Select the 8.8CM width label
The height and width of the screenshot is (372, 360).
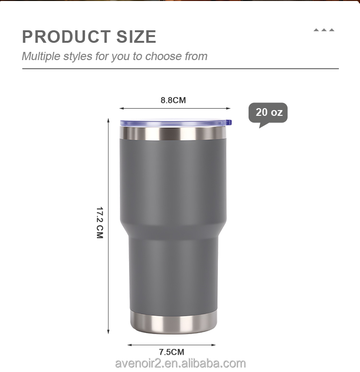point(173,100)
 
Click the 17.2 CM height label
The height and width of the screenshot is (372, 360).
point(100,223)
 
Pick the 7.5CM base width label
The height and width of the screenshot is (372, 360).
point(171,352)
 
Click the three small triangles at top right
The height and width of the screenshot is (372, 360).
point(324,30)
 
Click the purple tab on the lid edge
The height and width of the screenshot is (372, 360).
point(229,123)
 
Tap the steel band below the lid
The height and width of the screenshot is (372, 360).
point(173,133)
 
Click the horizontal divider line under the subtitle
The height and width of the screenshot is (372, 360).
point(180,69)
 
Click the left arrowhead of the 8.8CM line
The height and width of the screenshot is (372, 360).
point(121,109)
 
